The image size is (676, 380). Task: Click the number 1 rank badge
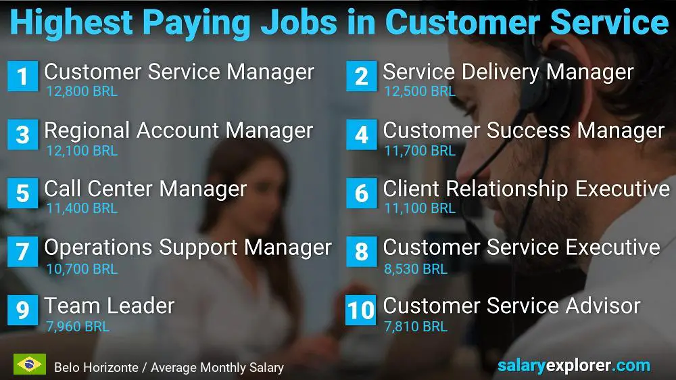[22, 76]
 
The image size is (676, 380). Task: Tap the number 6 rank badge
[361, 193]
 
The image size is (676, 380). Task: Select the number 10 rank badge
[361, 310]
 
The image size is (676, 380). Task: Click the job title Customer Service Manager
[179, 72]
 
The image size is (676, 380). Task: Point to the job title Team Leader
[110, 306]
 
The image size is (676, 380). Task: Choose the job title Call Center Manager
[145, 189]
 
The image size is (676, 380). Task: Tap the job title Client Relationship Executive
[526, 189]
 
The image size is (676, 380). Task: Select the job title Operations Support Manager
[188, 247]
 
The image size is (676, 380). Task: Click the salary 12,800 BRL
[82, 91]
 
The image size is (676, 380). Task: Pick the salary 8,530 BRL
[416, 268]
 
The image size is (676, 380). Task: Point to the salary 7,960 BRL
[78, 327]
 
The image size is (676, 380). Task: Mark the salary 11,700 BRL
[420, 151]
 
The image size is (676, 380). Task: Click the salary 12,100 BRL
[82, 151]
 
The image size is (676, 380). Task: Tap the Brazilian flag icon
[29, 364]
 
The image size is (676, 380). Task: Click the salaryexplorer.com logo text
[574, 366]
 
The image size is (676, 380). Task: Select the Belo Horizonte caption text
[169, 368]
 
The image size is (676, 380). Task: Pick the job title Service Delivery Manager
[508, 72]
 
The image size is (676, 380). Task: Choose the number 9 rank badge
[22, 310]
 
